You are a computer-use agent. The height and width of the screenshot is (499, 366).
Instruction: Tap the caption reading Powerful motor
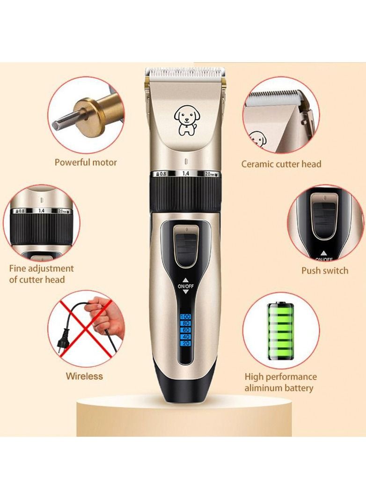click(x=86, y=162)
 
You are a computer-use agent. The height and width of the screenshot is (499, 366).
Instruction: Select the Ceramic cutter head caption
click(x=281, y=164)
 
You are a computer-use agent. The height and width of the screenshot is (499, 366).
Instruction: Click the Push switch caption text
click(x=324, y=270)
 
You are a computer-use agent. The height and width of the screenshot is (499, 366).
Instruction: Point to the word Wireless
click(x=84, y=376)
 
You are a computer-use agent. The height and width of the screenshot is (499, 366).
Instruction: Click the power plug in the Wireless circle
click(x=63, y=345)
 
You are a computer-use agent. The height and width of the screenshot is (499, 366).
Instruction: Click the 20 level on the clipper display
click(x=185, y=344)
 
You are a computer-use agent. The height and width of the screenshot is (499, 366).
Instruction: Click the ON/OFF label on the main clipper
click(x=185, y=286)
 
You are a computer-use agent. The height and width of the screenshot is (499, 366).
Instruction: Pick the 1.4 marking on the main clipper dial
click(x=185, y=174)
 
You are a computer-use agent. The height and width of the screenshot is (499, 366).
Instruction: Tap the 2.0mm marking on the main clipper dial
click(x=211, y=174)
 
